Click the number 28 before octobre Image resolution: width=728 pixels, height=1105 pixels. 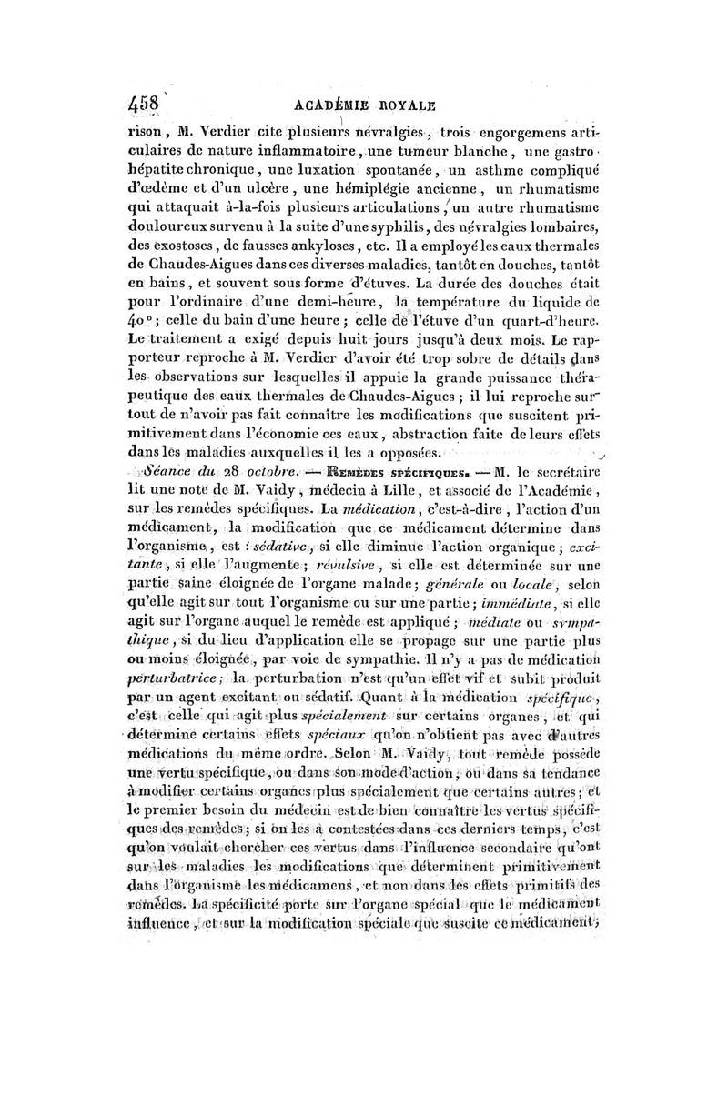[221, 473]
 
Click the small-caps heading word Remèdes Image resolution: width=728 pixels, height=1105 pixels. [318, 473]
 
